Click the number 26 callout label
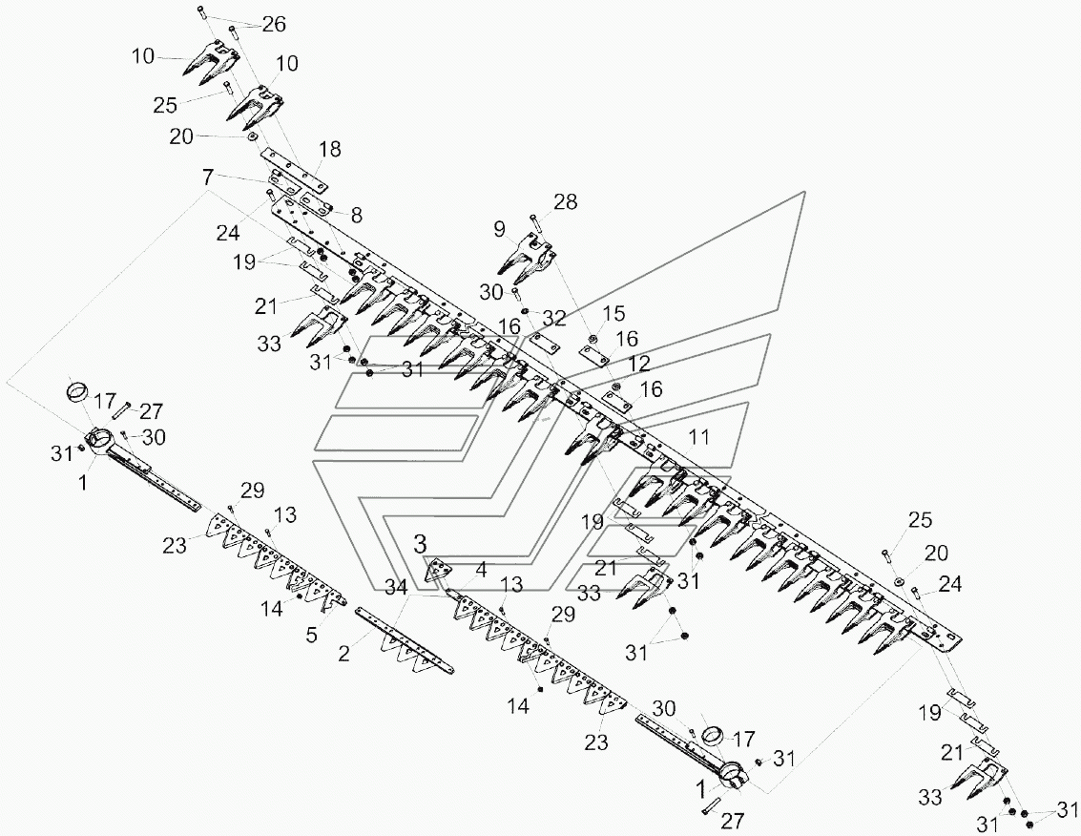coord(274,24)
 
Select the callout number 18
coord(330,149)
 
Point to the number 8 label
coord(356,216)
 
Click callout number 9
coord(499,228)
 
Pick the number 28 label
coord(565,202)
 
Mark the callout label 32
coord(553,318)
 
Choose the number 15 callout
coord(613,313)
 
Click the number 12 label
coord(639,363)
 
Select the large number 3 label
coord(420,544)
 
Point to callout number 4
coord(481,570)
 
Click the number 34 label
coord(396,588)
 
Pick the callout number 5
coord(312,635)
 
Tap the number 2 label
coord(344,653)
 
